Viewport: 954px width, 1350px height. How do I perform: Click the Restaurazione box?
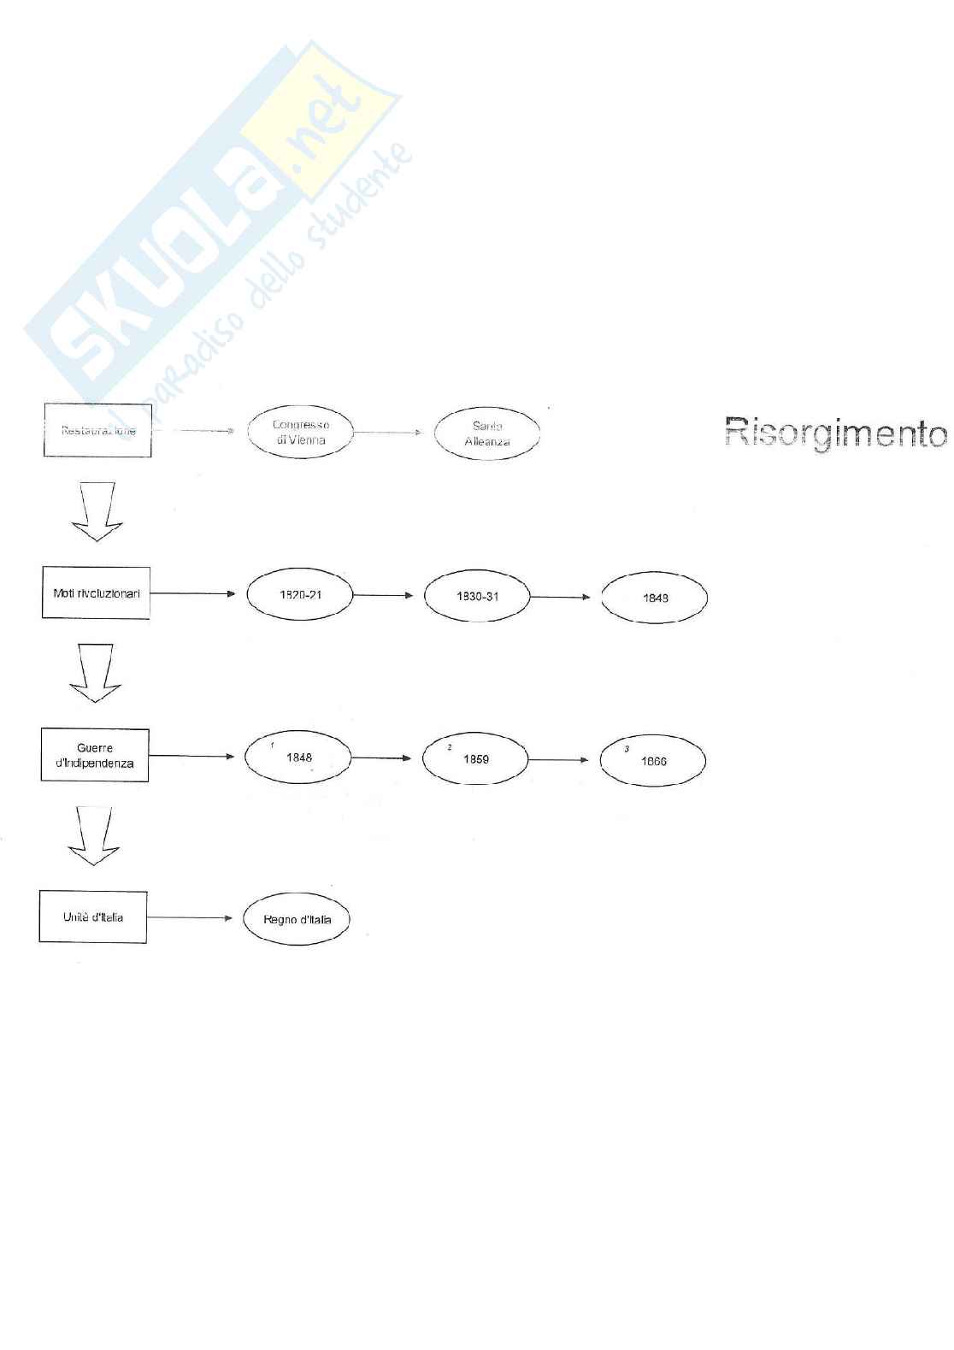pyautogui.click(x=97, y=430)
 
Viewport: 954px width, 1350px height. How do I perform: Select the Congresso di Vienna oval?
pyautogui.click(x=300, y=432)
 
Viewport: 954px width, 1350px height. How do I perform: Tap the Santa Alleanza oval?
pyautogui.click(x=487, y=433)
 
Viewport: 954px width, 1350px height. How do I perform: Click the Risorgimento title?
pyautogui.click(x=835, y=433)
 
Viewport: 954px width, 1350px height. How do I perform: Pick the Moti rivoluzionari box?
pyautogui.click(x=96, y=592)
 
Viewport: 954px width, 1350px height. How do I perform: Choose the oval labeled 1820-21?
pyautogui.click(x=300, y=594)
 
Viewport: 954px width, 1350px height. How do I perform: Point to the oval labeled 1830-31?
pyautogui.click(x=477, y=596)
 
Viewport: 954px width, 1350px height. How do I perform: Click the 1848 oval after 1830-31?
pyautogui.click(x=655, y=598)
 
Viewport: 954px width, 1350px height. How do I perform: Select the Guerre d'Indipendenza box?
pyautogui.click(x=95, y=755)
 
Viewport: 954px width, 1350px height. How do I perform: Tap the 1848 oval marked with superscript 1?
pyautogui.click(x=298, y=757)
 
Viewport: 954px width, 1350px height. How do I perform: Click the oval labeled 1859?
pyautogui.click(x=475, y=758)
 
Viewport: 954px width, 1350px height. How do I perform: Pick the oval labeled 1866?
pyautogui.click(x=653, y=760)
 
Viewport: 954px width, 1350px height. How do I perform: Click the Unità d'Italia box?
pyautogui.click(x=93, y=917)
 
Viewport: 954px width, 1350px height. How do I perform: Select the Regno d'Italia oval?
pyautogui.click(x=297, y=919)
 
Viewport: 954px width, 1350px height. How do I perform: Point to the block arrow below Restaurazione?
pyautogui.click(x=97, y=511)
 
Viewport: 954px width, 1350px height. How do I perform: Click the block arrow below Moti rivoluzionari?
pyautogui.click(x=95, y=673)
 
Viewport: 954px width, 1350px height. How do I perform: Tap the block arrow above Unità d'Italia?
pyautogui.click(x=93, y=835)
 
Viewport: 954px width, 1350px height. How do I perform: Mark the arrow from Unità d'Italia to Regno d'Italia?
pyautogui.click(x=190, y=918)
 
